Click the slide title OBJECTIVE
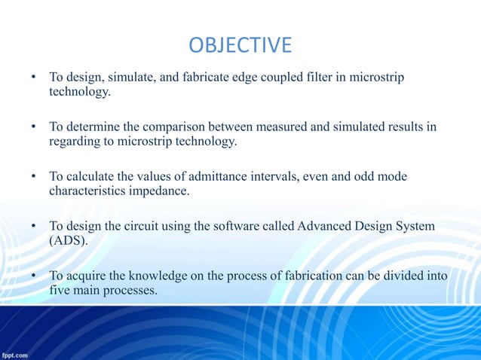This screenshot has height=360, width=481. point(240,46)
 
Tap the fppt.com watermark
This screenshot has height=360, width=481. point(16,354)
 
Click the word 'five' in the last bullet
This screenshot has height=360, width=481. point(60,290)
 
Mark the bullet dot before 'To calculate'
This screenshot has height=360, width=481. point(33,177)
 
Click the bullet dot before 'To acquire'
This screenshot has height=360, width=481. point(33,276)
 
